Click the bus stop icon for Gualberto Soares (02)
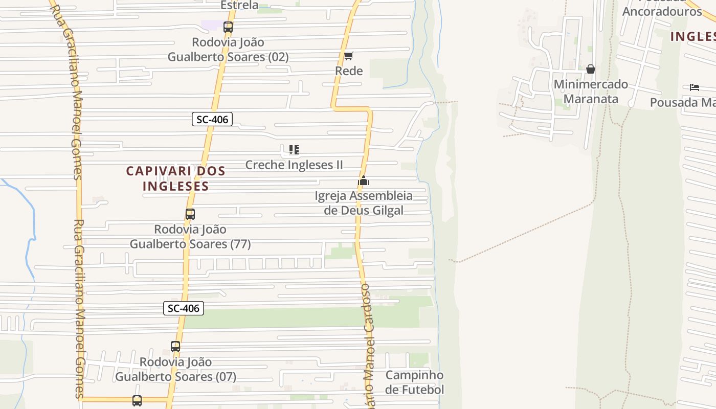(228, 27)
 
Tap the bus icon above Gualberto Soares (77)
(190, 214)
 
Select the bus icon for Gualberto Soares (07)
(175, 347)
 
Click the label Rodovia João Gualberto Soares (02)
(228, 50)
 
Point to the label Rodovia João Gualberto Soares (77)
(190, 237)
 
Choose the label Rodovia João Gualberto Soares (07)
(175, 369)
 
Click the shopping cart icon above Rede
(348, 56)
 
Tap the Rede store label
(349, 71)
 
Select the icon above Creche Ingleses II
(294, 150)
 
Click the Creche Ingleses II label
(294, 165)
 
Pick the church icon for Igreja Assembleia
(364, 181)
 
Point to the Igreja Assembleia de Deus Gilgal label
(364, 203)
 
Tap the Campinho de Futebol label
(414, 382)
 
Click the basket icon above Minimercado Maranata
(591, 69)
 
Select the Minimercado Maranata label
(591, 92)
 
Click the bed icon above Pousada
(694, 87)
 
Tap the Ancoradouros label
(662, 11)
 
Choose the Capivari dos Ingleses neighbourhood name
(176, 178)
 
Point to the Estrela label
(239, 5)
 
